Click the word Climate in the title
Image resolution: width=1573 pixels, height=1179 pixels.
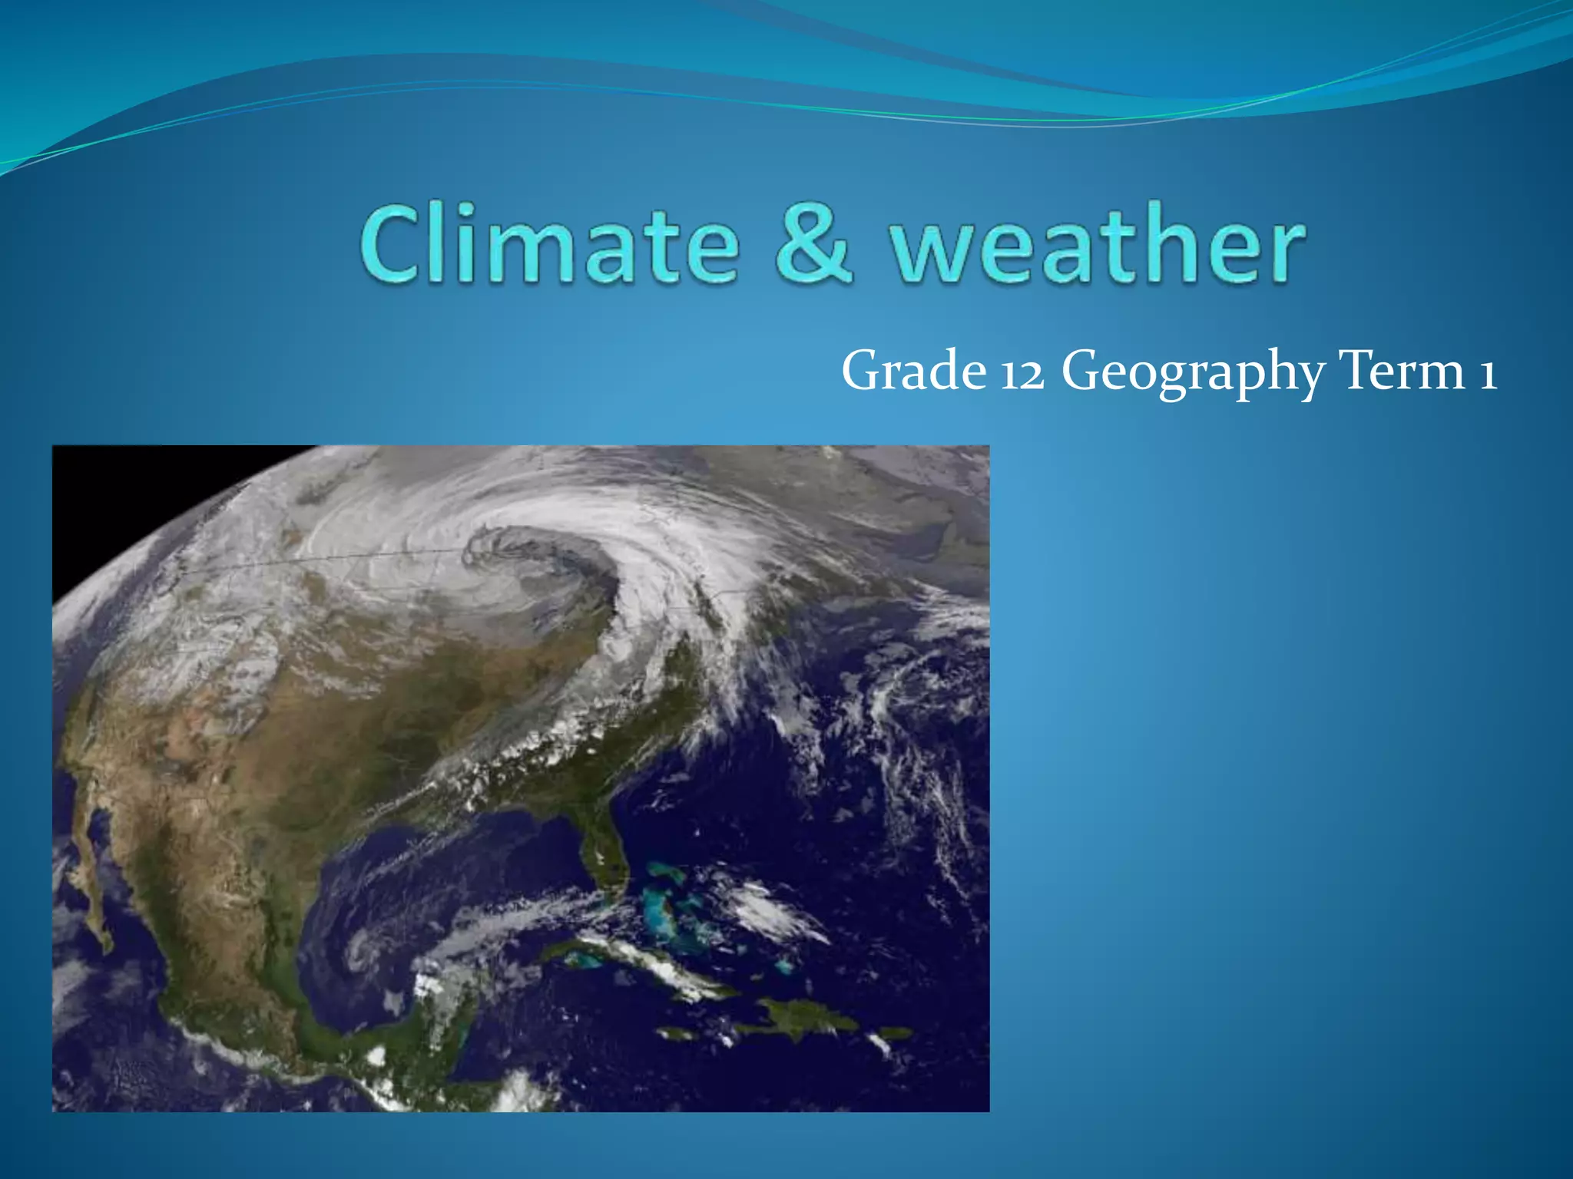[548, 244]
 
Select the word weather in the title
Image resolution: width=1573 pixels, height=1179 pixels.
[1097, 244]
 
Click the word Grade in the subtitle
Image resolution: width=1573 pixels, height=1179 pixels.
[913, 371]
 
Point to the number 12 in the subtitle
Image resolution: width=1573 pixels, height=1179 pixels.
[1022, 373]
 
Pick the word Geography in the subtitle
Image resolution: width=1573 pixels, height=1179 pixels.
[1193, 373]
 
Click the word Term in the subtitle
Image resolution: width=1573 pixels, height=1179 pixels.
[1401, 371]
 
